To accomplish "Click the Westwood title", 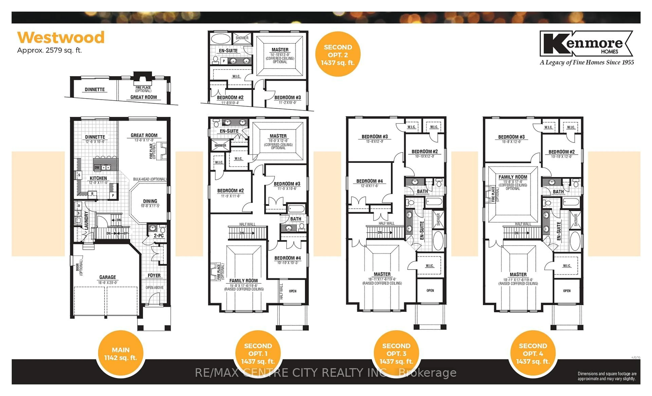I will click(61, 38).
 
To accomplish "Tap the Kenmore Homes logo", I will click(586, 44).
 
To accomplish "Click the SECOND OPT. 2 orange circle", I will click(338, 55).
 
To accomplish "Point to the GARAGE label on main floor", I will click(107, 277).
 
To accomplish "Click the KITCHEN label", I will click(98, 178).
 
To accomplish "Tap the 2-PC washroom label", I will click(159, 236).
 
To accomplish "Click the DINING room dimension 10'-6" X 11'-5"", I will click(150, 206).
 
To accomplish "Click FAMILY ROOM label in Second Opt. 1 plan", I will click(243, 281).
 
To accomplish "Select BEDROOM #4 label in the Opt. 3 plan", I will click(369, 181).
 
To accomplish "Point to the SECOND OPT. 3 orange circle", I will click(396, 353).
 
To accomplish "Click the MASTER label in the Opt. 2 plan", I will click(280, 50).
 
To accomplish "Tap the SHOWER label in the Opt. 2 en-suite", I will click(242, 38).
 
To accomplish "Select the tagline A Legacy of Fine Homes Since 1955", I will click(587, 62).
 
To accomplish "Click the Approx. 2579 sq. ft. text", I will click(49, 50).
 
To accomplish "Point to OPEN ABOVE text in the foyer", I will click(155, 287).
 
